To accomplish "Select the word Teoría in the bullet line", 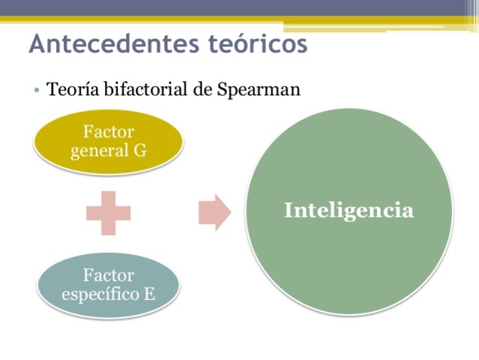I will tap(71, 90).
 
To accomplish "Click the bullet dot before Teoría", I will tap(37, 91).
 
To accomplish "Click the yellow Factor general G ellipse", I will tap(108, 141).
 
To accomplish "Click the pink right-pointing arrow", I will tap(214, 212).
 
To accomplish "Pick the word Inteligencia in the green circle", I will tap(349, 211).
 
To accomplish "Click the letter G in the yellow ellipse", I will tap(139, 150).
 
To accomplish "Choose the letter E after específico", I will tap(149, 293).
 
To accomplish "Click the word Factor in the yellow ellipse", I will tap(109, 132).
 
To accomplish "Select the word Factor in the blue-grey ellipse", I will tap(109, 274).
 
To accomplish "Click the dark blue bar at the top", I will tap(239, 7).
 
